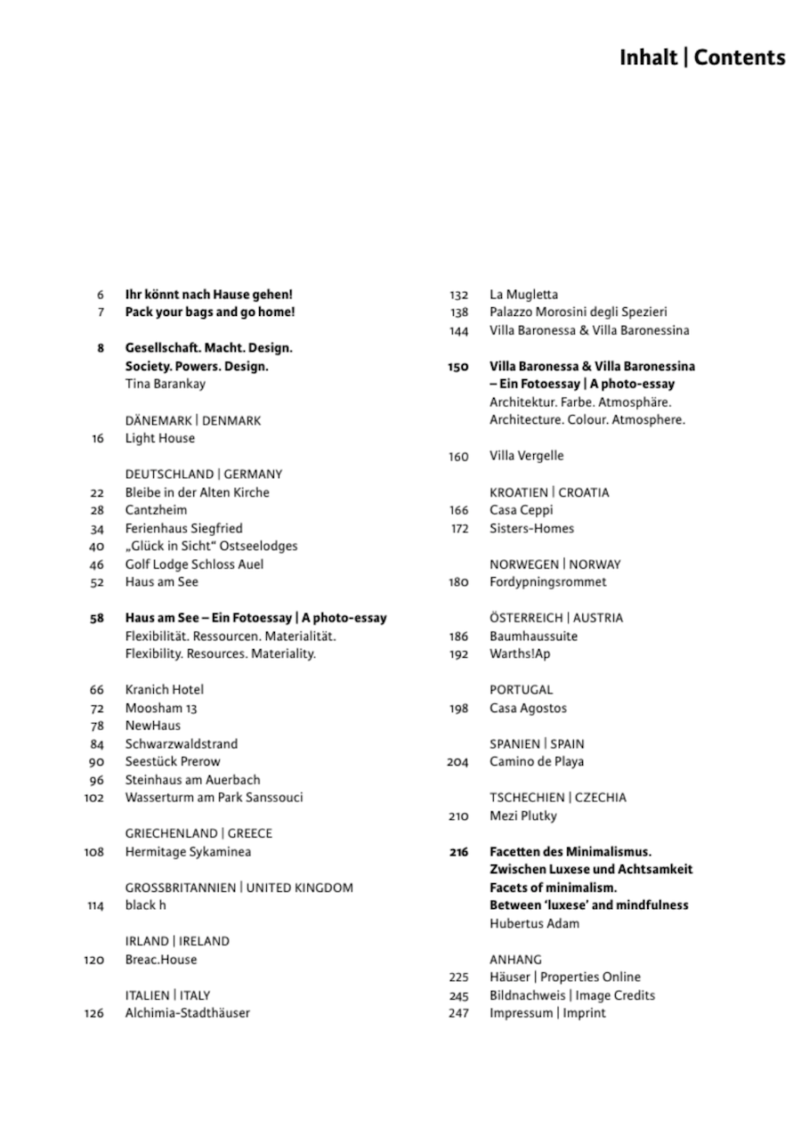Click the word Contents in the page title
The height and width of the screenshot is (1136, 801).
[740, 58]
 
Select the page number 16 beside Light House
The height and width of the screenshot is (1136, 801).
[97, 438]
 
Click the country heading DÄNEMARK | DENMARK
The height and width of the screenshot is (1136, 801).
[192, 420]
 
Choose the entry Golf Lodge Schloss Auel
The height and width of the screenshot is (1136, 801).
[194, 564]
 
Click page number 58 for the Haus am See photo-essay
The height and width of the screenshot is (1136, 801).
[97, 618]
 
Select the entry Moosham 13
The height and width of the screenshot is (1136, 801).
[160, 708]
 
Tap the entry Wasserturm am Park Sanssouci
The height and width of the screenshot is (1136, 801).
[214, 797]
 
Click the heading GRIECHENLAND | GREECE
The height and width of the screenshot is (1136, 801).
[198, 833]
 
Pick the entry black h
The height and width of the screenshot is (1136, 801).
[145, 905]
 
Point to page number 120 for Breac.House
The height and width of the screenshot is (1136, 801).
[93, 960]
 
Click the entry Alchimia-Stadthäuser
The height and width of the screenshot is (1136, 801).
[187, 1013]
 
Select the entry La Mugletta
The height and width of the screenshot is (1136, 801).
[523, 294]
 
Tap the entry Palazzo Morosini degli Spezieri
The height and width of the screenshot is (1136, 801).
[578, 312]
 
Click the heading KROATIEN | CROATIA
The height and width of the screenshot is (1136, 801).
[549, 492]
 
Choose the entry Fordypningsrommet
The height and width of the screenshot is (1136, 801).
[547, 581]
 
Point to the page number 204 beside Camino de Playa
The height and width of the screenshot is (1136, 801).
[457, 761]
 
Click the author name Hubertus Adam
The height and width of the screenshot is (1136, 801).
[534, 923]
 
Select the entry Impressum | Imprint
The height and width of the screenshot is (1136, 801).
[547, 1013]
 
